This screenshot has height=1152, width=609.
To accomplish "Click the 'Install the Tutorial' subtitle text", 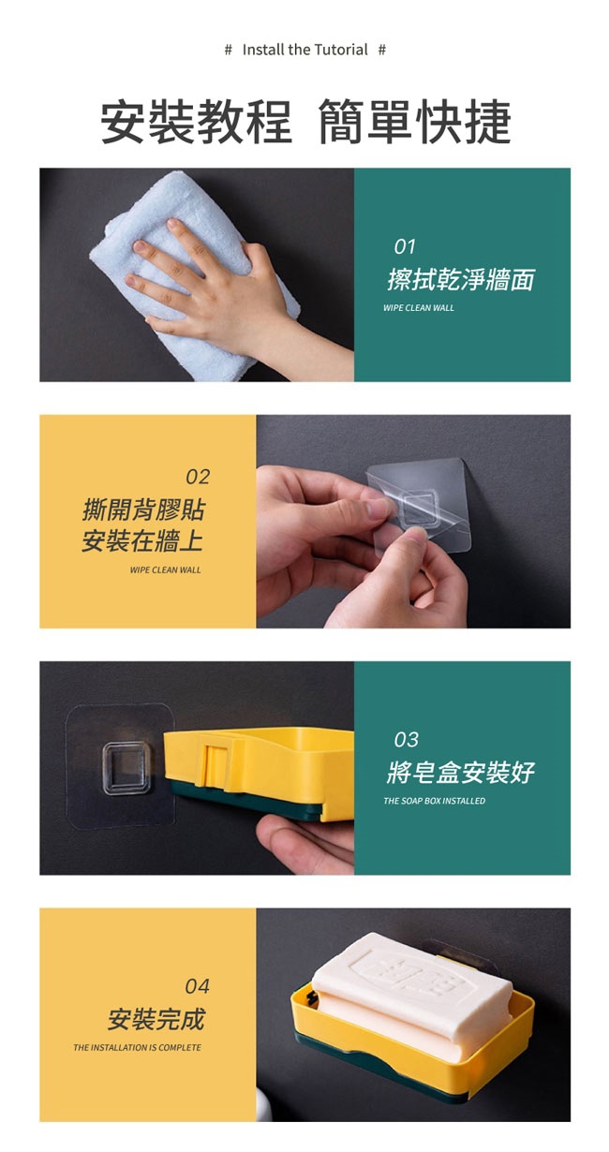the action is coord(305,50).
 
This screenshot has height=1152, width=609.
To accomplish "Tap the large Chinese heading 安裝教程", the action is coord(196,122).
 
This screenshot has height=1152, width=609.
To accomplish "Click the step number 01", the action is coord(405,247).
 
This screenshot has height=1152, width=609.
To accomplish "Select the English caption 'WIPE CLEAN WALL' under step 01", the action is coord(419,308).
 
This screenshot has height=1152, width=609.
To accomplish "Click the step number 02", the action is coord(198,477).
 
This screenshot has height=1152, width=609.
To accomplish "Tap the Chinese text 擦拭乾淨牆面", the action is coord(461,279).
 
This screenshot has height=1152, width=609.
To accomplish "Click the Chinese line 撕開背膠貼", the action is coord(143,510).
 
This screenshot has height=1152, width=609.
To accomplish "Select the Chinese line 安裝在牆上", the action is coord(142,540).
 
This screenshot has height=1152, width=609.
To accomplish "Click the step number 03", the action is coord(406,740).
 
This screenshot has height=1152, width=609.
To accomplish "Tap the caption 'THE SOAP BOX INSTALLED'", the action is coord(434,801).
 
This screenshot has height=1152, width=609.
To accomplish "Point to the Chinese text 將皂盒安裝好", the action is coord(461,772).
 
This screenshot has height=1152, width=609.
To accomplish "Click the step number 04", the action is coord(197,986).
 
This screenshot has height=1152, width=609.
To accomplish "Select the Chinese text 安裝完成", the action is coord(156,1019).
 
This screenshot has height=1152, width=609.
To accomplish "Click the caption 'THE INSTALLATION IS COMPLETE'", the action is coord(138,1048).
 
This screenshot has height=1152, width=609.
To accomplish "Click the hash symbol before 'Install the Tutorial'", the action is coord(229,50).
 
